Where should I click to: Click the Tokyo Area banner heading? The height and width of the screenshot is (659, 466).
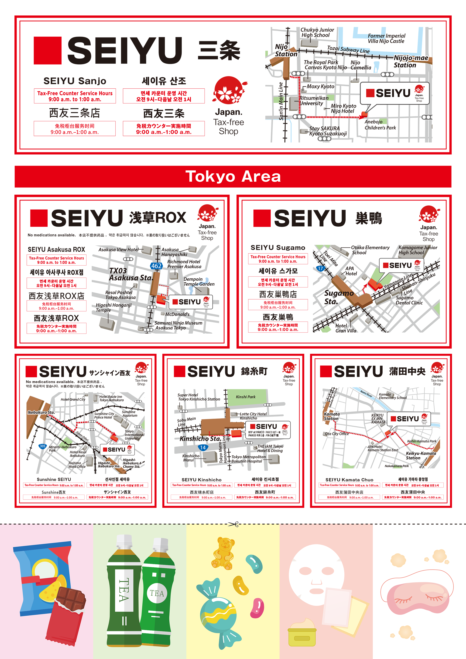(x=233, y=176)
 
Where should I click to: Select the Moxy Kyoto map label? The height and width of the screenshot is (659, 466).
(x=320, y=86)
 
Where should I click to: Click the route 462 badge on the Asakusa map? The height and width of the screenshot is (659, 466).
(x=156, y=266)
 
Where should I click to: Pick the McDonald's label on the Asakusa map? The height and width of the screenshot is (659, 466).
(x=177, y=314)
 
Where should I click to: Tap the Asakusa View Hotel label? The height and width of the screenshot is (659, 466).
(x=118, y=250)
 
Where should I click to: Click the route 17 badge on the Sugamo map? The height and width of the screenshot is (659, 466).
(x=320, y=268)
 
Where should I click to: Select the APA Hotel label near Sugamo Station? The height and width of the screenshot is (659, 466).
(x=351, y=271)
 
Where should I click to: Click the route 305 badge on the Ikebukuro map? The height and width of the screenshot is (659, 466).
(x=42, y=446)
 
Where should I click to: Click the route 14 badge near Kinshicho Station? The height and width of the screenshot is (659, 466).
(x=202, y=448)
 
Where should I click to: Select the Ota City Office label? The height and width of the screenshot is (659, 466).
(x=337, y=434)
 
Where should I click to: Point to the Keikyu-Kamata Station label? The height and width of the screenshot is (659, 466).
(x=421, y=455)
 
